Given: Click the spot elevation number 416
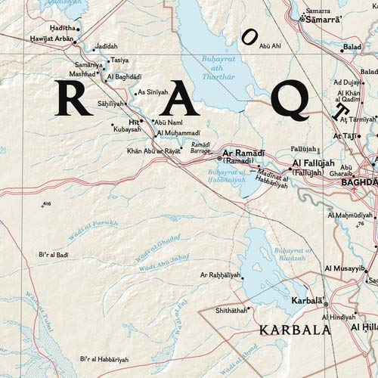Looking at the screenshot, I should [x=47, y=204].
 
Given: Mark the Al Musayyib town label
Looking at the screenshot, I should [x=345, y=268].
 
